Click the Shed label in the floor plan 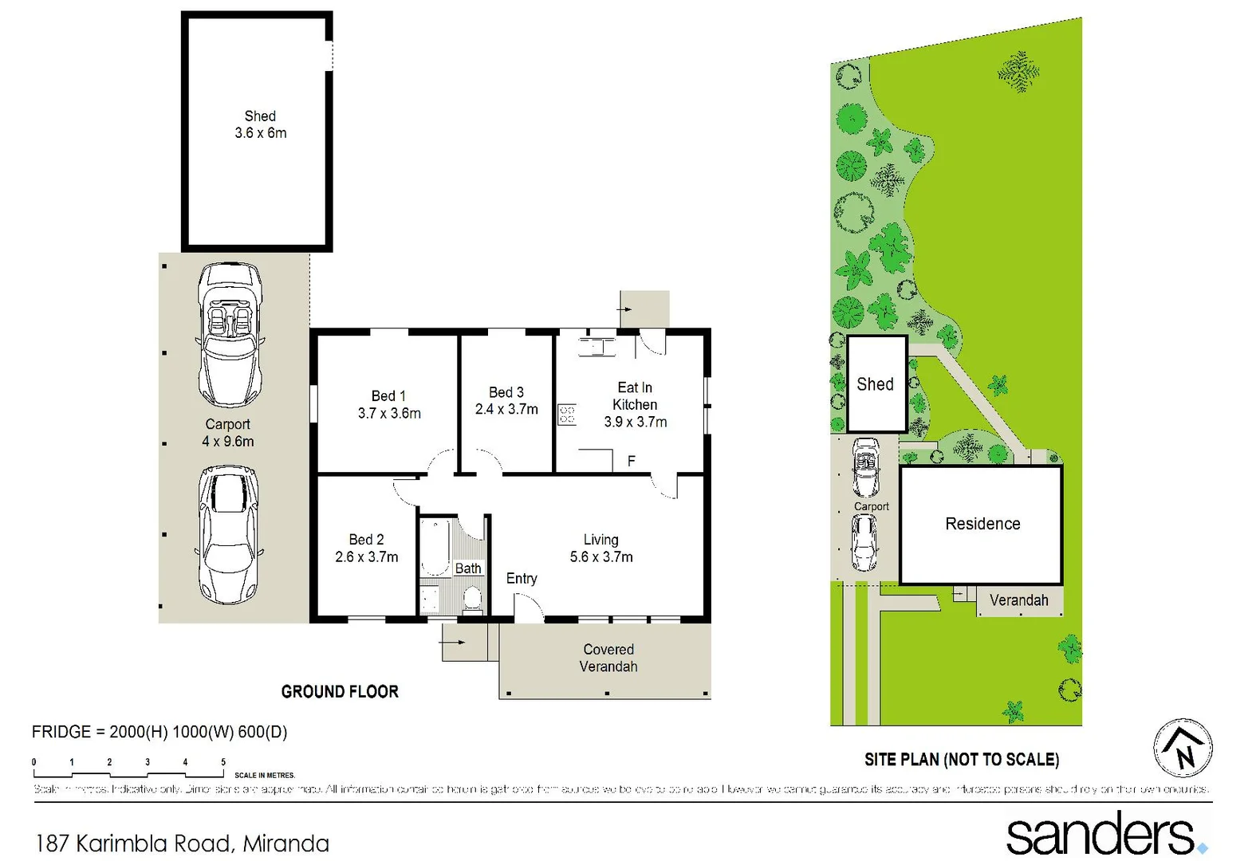pos(260,116)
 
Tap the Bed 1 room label pos(388,396)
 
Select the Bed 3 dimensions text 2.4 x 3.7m pos(506,410)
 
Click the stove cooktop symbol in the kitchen pos(567,415)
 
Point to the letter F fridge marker pos(632,461)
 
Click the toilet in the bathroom pos(472,598)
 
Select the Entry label pos(522,579)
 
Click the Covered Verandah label pos(608,658)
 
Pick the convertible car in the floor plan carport pos(230,336)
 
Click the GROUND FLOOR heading pos(340,692)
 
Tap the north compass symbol pos(1183,749)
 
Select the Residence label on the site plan pos(982,524)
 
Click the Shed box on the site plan pos(876,384)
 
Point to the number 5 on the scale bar pos(223,762)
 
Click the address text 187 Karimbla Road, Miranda pos(183,843)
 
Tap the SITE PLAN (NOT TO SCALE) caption pos(962,760)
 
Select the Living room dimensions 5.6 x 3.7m pos(601,557)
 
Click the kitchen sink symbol pos(597,347)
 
